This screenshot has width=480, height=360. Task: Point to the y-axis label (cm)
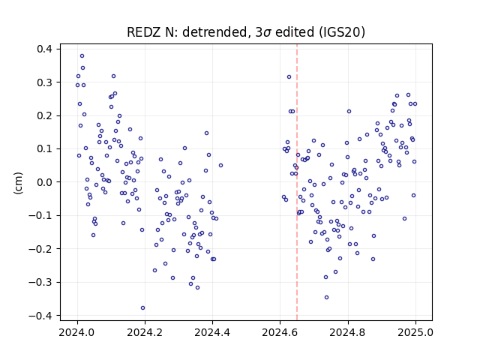click(x=18, y=183)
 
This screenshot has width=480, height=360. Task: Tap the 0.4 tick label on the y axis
click(x=44, y=49)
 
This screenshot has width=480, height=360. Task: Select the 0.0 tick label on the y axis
click(x=44, y=182)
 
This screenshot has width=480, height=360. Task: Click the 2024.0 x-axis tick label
click(x=77, y=332)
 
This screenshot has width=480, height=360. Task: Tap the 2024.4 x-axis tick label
click(x=212, y=332)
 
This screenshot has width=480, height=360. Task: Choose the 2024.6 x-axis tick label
click(x=280, y=332)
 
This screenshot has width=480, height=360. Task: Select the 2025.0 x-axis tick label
click(x=415, y=332)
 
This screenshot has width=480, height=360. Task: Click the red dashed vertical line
click(x=297, y=182)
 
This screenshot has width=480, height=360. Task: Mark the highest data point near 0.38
click(x=82, y=56)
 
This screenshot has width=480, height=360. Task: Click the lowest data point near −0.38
click(x=142, y=308)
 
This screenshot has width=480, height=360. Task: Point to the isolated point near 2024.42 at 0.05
click(x=220, y=166)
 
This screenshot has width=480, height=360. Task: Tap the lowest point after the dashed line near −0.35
click(x=327, y=298)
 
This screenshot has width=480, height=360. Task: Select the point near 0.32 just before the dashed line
click(x=289, y=77)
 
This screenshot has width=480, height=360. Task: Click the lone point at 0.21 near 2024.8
click(x=349, y=112)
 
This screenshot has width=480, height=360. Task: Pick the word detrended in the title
click(x=214, y=32)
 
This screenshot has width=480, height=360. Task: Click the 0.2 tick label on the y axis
click(x=44, y=115)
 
